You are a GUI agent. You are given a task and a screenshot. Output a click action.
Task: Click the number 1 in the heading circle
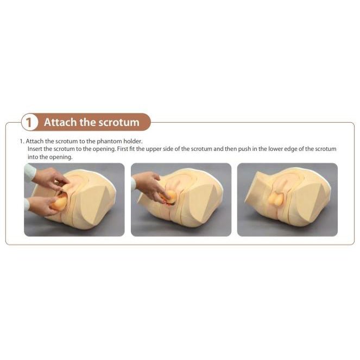tap(29, 123)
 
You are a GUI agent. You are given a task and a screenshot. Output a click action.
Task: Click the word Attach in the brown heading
tap(60, 122)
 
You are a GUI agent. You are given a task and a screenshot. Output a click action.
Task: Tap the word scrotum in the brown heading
tap(118, 122)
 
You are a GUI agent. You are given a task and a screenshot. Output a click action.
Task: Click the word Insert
tap(35, 149)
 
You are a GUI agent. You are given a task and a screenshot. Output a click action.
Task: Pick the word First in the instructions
tap(123, 149)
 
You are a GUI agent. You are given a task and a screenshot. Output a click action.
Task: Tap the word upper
tap(153, 149)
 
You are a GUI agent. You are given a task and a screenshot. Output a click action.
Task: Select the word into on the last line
tap(33, 157)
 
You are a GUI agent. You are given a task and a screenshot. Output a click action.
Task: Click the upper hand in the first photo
tap(49, 178)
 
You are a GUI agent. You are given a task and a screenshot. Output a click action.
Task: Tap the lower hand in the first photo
tap(41, 205)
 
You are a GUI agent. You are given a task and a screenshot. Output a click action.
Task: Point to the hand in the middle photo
tap(149, 186)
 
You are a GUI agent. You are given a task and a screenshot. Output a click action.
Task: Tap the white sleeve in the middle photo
tap(133, 184)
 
